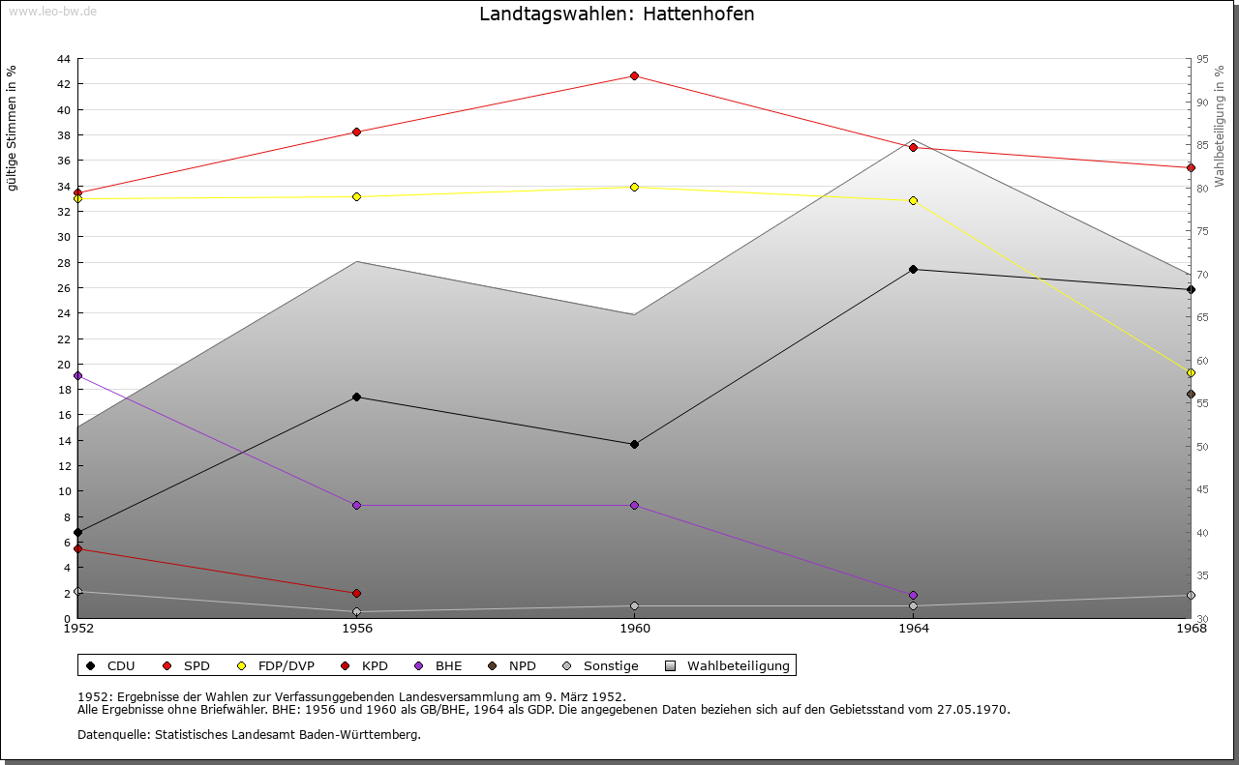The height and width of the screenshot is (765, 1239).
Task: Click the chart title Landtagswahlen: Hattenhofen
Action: (617, 15)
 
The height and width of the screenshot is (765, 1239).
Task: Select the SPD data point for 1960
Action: (634, 75)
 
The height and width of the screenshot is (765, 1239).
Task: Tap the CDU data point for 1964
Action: (913, 269)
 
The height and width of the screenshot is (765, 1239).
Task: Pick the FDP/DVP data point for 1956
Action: (356, 196)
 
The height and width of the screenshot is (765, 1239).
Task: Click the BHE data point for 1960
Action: (634, 505)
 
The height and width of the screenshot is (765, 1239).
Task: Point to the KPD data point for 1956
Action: (356, 593)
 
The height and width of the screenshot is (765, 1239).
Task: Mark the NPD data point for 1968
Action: (1191, 394)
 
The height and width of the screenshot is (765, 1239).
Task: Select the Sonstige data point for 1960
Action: (634, 605)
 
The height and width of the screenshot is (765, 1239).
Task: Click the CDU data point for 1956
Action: (356, 397)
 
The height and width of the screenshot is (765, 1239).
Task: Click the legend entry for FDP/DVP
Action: (275, 665)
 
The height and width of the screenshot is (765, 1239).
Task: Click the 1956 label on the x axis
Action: (356, 629)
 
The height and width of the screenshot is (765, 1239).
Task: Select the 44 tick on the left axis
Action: (63, 59)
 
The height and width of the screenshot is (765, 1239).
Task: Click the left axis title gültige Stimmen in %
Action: (13, 128)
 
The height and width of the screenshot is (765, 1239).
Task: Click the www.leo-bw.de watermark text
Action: (52, 11)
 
